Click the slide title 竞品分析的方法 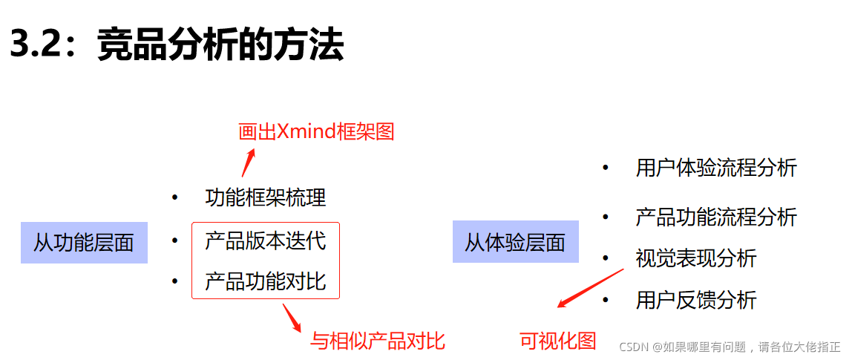[220, 46]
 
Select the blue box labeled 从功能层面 [84, 242]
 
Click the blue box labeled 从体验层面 [515, 242]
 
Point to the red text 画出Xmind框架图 [316, 132]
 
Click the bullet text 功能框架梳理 [265, 198]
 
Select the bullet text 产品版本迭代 [265, 240]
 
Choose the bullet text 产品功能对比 [265, 282]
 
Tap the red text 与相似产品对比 [378, 341]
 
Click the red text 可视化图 [558, 341]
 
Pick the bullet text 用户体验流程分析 [715, 168]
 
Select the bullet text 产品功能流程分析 [715, 217]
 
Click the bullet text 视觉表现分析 [695, 258]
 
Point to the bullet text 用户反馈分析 [695, 300]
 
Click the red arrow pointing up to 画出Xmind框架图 [248, 162]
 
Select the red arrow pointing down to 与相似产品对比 [291, 317]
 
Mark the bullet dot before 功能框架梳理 [174, 198]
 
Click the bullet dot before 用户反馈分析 [606, 300]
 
